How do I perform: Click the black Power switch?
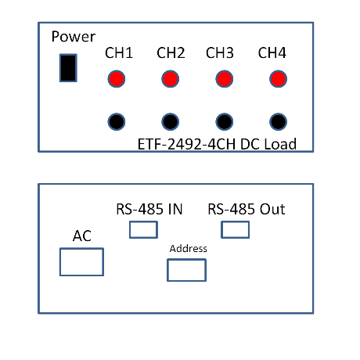(x=68, y=68)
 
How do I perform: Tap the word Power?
(x=74, y=37)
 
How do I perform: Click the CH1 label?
(x=119, y=52)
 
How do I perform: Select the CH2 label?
(x=171, y=52)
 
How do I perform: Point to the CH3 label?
(x=220, y=52)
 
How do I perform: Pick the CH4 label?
(x=272, y=52)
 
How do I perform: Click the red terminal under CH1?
(x=117, y=79)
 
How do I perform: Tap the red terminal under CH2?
(x=171, y=79)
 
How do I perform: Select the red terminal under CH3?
(x=225, y=79)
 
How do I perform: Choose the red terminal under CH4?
(x=278, y=79)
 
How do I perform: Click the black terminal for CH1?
(x=117, y=121)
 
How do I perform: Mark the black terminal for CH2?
(x=171, y=121)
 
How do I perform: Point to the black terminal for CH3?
(x=225, y=121)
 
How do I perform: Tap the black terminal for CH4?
(x=278, y=121)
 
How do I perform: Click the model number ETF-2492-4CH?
(x=186, y=144)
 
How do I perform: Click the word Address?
(x=188, y=249)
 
